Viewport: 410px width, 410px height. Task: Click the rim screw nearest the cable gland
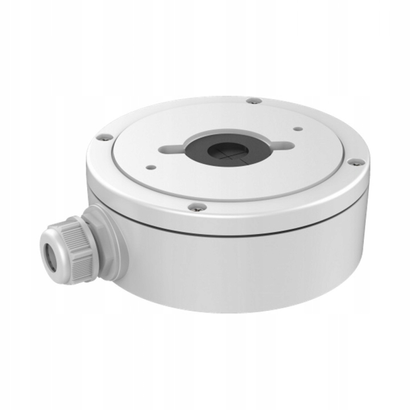pyautogui.click(x=100, y=137)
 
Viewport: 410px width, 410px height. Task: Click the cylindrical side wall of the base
pyautogui.click(x=239, y=273)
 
